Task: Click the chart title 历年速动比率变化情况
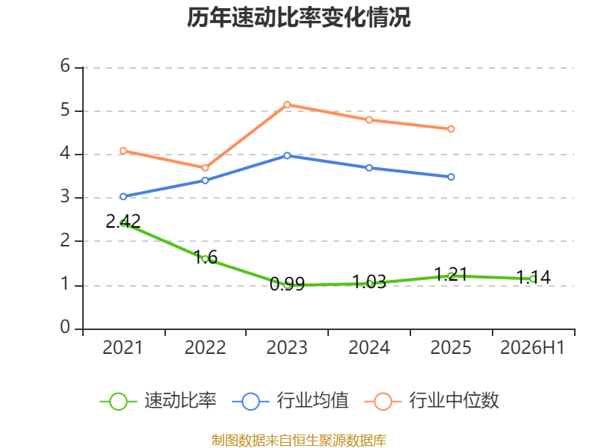click(298, 17)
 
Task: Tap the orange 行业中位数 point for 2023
click(287, 105)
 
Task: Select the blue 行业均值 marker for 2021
click(123, 196)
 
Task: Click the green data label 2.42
click(123, 221)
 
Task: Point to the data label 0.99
click(287, 284)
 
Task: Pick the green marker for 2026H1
click(533, 279)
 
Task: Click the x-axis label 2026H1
click(532, 347)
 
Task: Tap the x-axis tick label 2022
click(205, 347)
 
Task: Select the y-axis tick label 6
click(65, 66)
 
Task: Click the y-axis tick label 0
click(65, 327)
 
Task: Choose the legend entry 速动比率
click(158, 401)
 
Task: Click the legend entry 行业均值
click(291, 401)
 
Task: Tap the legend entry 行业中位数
click(432, 401)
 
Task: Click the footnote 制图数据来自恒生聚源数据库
click(299, 441)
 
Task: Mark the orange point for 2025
click(451, 129)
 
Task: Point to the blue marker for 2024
click(369, 168)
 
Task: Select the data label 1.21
click(451, 274)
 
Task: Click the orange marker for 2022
click(205, 168)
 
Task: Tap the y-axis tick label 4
click(65, 153)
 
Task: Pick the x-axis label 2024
click(369, 347)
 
